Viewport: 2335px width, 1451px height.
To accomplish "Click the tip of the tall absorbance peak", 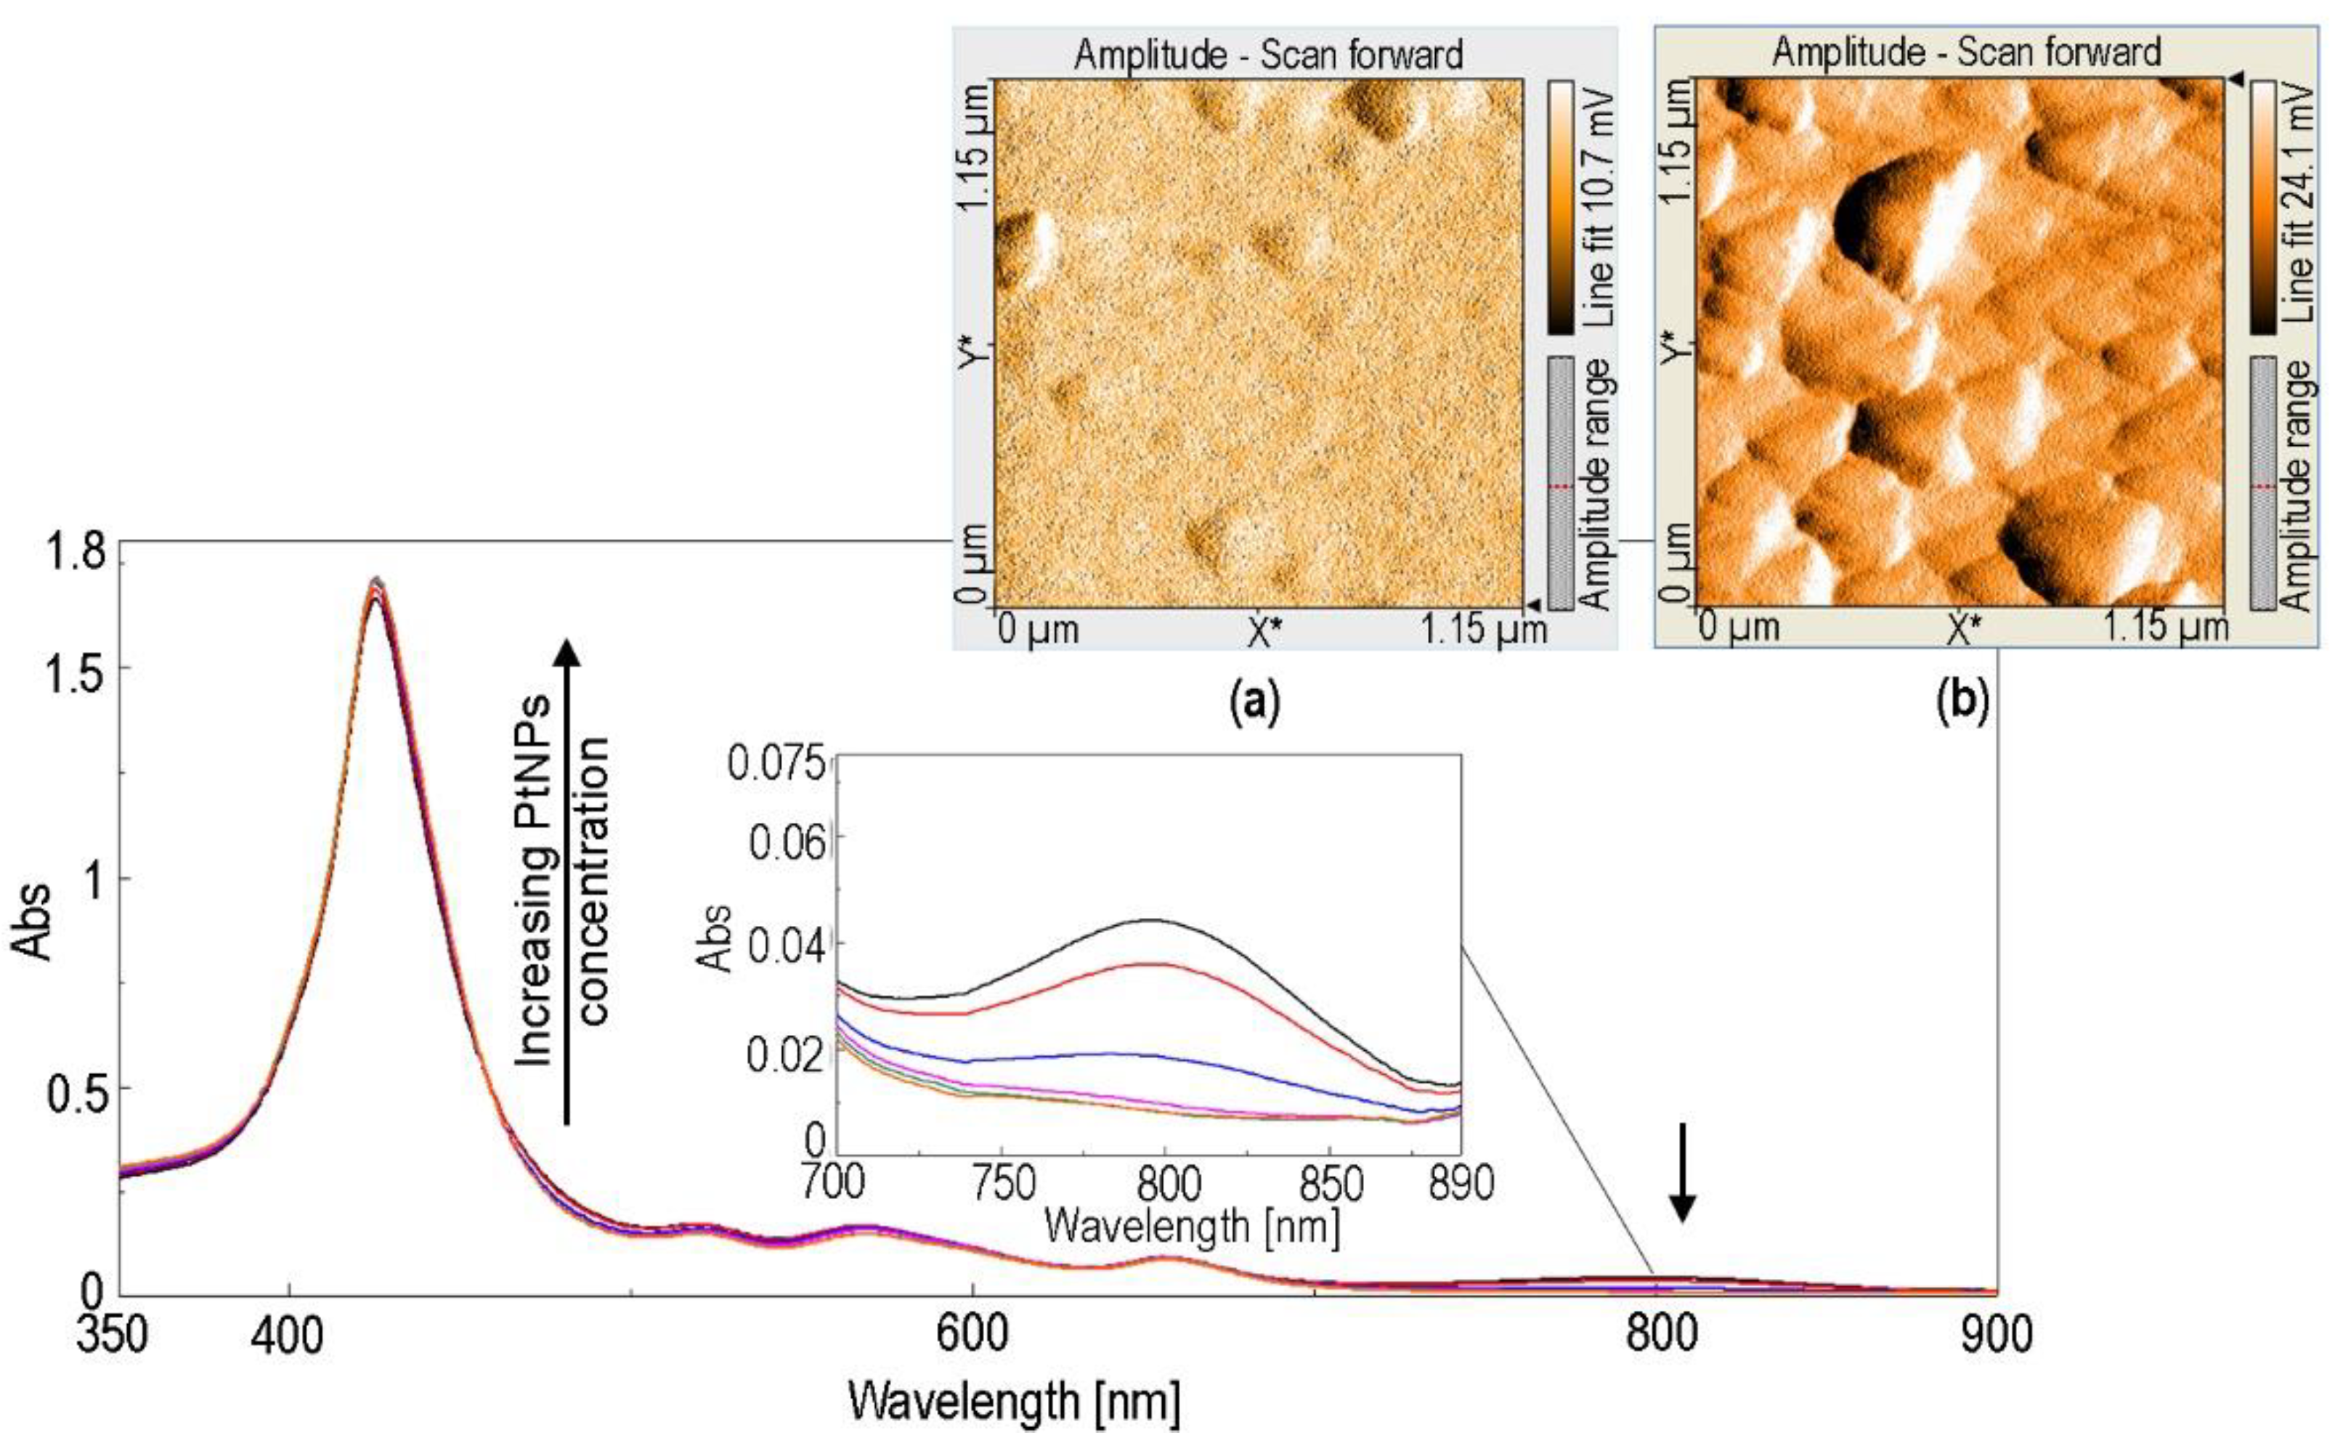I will [377, 580].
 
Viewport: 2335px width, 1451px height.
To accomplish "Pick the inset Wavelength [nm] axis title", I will [1191, 1227].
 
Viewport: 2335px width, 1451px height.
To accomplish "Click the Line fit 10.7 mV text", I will [1597, 208].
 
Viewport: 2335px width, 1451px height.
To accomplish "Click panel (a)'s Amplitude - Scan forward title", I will [1268, 54].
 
